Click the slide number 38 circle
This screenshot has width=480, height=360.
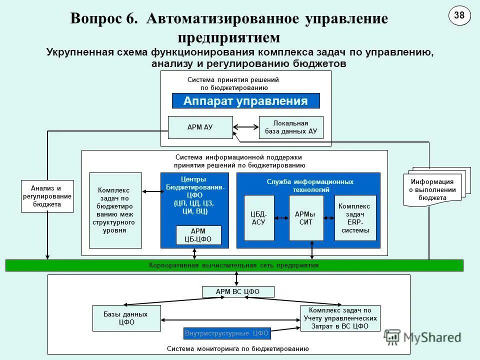click(x=459, y=15)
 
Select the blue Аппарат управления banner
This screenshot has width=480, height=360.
click(x=245, y=101)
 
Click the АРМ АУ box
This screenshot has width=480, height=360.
click(x=200, y=127)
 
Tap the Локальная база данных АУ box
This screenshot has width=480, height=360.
click(x=291, y=127)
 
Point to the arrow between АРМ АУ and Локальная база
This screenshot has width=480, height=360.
click(x=245, y=127)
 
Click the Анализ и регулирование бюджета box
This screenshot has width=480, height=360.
click(x=47, y=196)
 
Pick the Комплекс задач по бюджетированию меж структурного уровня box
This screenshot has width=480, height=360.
click(x=115, y=210)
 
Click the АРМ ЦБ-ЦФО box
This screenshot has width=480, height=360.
click(x=194, y=235)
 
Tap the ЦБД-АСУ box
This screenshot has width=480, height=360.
click(x=259, y=218)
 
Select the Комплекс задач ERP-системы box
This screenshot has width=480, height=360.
click(x=355, y=218)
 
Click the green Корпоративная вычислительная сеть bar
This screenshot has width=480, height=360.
click(x=234, y=265)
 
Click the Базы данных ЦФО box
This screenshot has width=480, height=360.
click(x=126, y=318)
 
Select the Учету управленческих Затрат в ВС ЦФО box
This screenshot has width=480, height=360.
click(x=340, y=318)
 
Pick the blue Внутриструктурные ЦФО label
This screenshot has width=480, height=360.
click(x=227, y=333)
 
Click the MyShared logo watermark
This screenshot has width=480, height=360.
click(x=423, y=337)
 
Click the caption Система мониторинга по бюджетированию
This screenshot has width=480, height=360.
click(x=237, y=348)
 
